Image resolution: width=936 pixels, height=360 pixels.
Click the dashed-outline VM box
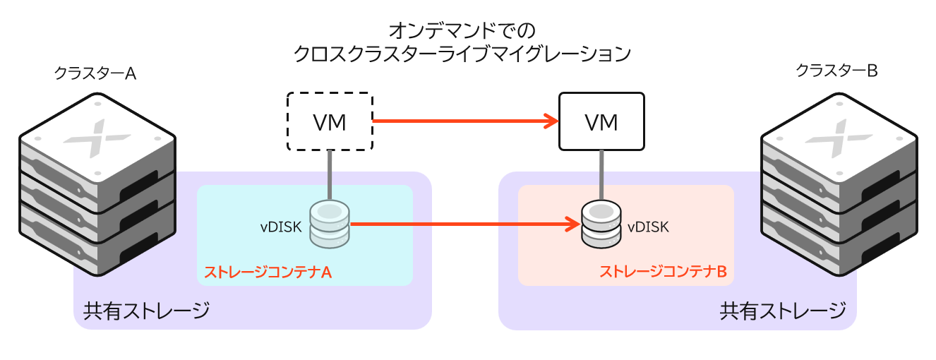pos(330,121)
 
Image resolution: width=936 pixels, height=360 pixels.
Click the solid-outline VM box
pos(601,121)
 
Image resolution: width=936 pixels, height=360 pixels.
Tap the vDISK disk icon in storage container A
pos(330,224)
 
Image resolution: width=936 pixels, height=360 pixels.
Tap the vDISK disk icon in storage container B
pos(601,224)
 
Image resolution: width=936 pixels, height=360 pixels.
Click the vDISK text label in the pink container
pos(647,227)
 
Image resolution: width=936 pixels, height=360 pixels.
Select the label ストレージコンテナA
pos(268,271)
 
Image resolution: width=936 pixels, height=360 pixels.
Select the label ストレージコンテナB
pos(662,271)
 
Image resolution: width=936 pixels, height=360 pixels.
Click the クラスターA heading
pos(95,73)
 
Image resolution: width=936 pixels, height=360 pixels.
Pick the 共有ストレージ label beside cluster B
pos(782,310)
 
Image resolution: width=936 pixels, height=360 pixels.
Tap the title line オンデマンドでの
pos(462,30)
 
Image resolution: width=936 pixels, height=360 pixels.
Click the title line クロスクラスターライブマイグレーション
pos(462,54)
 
